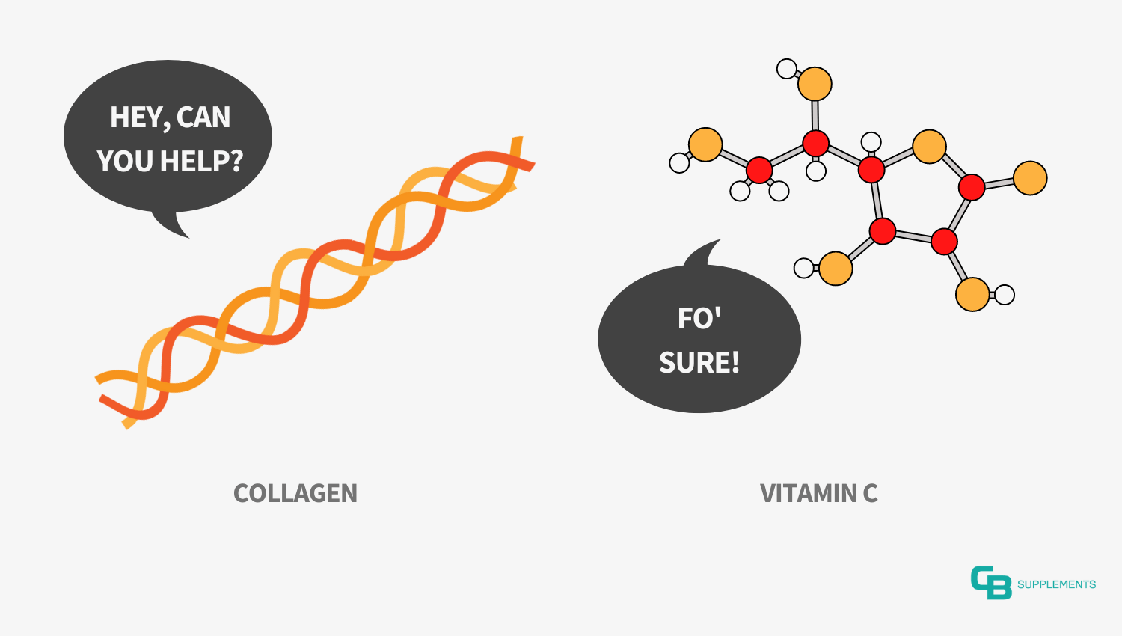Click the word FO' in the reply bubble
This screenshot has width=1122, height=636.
[x=699, y=318]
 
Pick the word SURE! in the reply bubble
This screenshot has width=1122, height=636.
[x=699, y=362]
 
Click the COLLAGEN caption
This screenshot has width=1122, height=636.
[x=295, y=493]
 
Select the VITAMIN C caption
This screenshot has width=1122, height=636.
[x=819, y=493]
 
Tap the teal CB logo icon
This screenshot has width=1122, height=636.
[x=991, y=582]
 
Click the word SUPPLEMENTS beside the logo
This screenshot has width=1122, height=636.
[x=1057, y=584]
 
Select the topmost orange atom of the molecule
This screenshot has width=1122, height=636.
[x=815, y=84]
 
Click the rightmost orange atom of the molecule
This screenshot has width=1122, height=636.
[x=1030, y=178]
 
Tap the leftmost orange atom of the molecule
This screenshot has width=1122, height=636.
[x=705, y=145]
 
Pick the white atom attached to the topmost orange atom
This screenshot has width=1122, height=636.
[x=787, y=69]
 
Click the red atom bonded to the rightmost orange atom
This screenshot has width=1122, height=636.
[x=972, y=188]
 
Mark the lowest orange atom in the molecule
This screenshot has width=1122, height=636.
[x=972, y=294]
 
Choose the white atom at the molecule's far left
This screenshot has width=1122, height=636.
[x=679, y=163]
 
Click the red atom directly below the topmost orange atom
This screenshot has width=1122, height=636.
[x=815, y=144]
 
